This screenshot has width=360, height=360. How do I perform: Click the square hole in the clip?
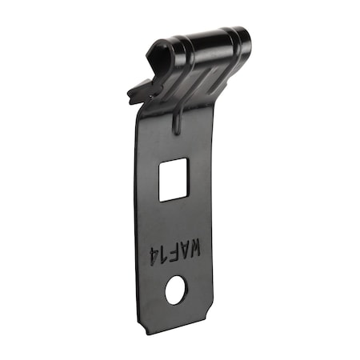point(173,178)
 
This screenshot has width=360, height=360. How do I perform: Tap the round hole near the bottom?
point(175,289)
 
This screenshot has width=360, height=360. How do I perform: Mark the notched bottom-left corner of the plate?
point(145,323)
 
